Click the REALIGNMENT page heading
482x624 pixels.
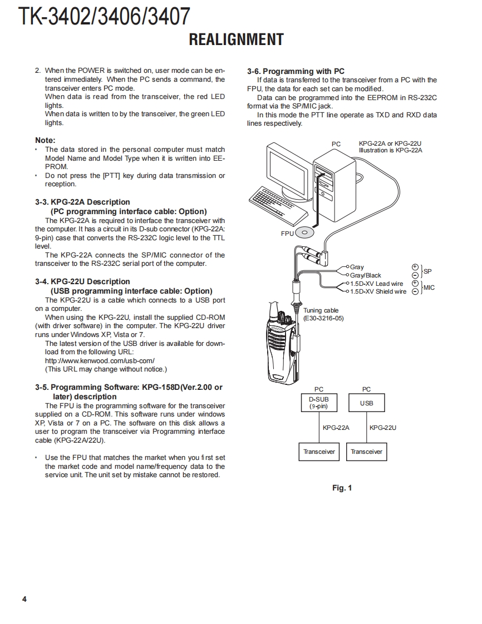click(236, 39)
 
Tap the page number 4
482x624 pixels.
click(24, 599)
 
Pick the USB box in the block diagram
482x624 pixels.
click(366, 403)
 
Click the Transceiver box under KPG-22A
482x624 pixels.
click(319, 452)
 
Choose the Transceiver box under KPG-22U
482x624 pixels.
click(366, 452)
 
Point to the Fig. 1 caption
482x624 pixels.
click(342, 488)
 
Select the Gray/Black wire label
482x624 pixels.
click(365, 275)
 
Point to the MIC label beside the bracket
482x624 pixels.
click(429, 288)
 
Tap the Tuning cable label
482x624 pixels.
click(321, 310)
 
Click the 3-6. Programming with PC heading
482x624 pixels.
click(296, 71)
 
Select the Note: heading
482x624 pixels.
click(45, 140)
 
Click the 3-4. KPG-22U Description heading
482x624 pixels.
click(82, 281)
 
